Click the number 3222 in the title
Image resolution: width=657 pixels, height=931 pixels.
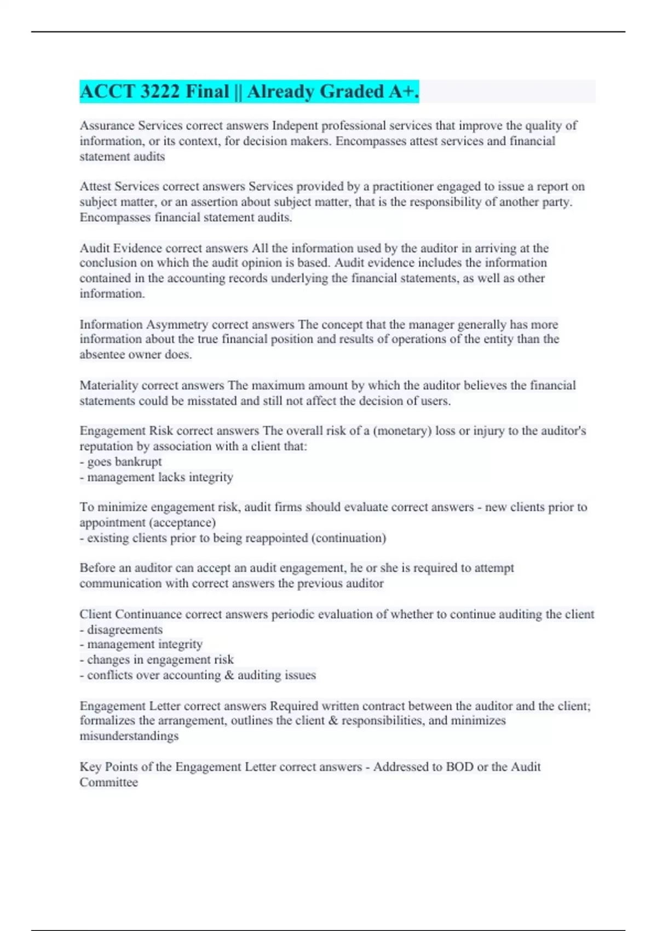click(160, 91)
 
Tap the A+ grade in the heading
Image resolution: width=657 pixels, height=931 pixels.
click(404, 91)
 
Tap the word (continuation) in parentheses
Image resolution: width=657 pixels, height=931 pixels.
click(348, 538)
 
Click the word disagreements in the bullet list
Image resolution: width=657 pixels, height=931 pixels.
click(125, 629)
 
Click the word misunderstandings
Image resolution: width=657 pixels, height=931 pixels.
click(129, 735)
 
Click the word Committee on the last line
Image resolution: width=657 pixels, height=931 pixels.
click(108, 782)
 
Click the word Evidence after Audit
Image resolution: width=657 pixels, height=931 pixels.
click(137, 248)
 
